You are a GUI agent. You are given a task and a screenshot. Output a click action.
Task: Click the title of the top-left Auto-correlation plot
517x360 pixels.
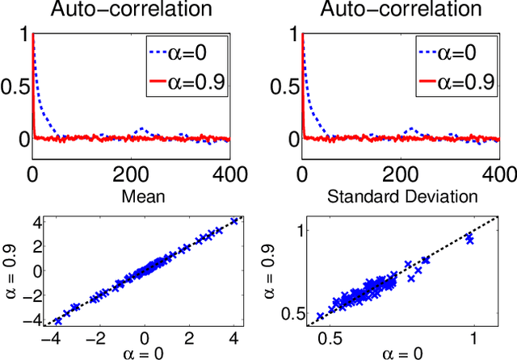click(x=131, y=11)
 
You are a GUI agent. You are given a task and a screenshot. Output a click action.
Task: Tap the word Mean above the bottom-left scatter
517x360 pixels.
click(x=132, y=195)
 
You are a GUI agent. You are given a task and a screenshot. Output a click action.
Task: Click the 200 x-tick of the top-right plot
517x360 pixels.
click(x=401, y=171)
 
